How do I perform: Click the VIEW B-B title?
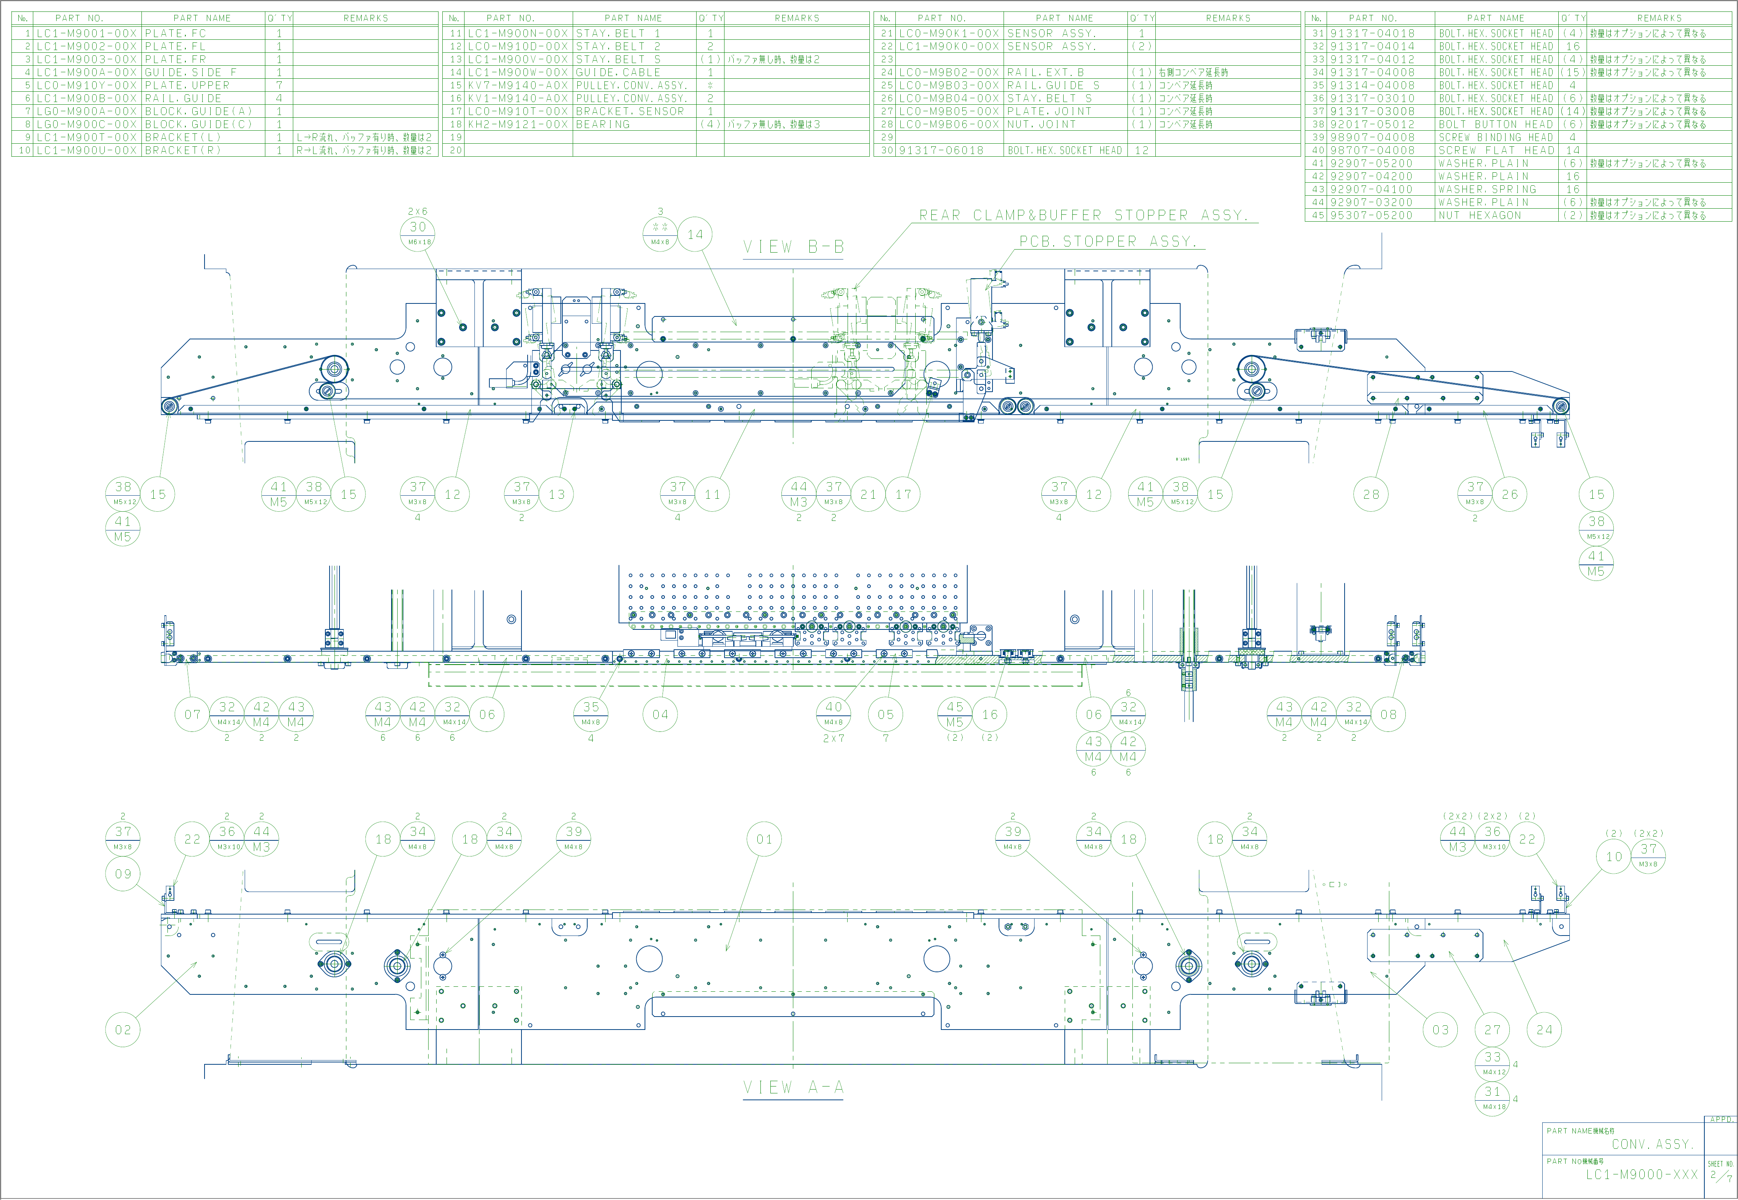pos(793,247)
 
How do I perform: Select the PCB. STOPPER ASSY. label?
pos(1107,242)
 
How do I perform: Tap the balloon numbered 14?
pos(695,235)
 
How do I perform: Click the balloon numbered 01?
pos(764,839)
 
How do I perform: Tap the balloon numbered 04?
pos(660,714)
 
